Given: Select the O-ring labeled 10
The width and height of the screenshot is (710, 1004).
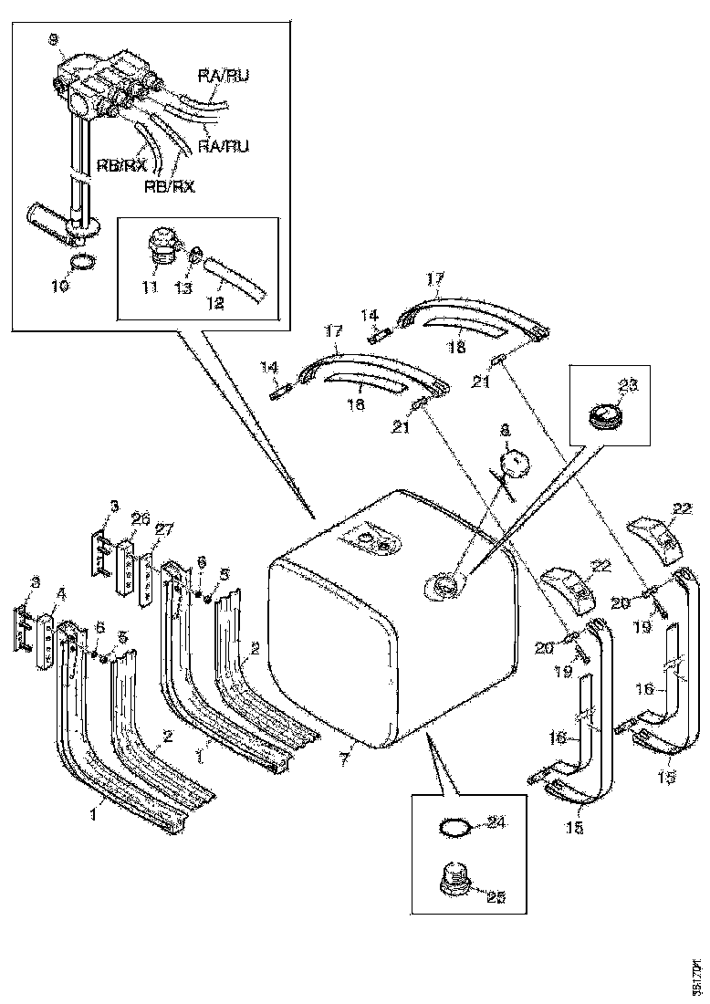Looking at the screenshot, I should [x=81, y=264].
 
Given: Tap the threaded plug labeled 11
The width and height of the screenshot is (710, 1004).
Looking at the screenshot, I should [x=161, y=247].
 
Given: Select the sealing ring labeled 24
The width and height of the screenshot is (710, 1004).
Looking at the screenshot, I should [x=455, y=829].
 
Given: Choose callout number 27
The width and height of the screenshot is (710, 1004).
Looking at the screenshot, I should [x=164, y=528].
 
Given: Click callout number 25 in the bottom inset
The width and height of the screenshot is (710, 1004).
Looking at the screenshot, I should [x=496, y=896].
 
